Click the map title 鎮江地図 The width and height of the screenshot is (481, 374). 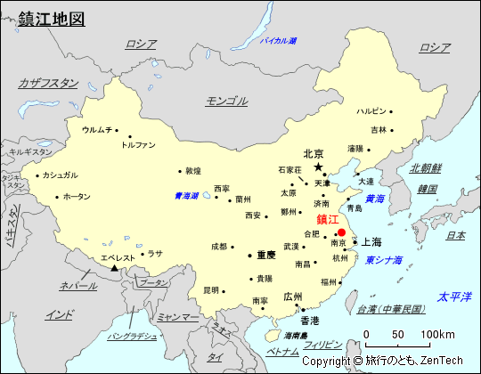[52, 18]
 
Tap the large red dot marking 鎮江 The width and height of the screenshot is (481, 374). [341, 232]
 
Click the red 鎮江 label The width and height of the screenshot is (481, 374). [327, 219]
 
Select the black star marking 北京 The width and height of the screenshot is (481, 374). [318, 167]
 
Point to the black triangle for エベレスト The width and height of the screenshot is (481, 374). [113, 268]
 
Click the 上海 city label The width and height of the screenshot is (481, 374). [371, 241]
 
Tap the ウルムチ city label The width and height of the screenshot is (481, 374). [97, 130]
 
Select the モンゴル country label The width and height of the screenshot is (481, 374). [226, 101]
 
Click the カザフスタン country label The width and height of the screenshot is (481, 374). [48, 83]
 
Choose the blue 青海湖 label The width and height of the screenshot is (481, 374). [187, 196]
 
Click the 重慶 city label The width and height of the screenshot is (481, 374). [265, 255]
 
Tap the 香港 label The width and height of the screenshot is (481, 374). [309, 320]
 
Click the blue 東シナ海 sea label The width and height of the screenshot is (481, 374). [383, 260]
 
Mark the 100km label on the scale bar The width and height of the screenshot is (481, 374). [437, 334]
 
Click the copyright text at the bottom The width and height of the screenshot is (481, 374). [382, 361]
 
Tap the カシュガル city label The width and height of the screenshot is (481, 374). [60, 175]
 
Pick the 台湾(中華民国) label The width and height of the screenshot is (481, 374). [391, 309]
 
